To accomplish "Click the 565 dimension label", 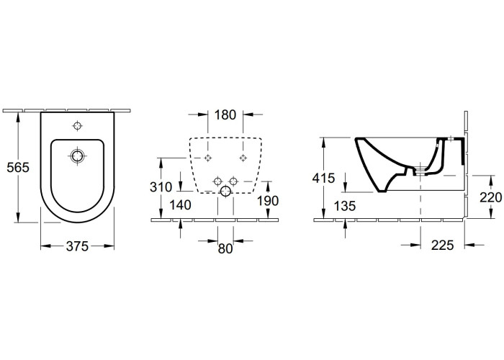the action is (18, 168).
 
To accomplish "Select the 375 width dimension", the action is (77, 246).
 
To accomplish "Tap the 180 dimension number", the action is (225, 114).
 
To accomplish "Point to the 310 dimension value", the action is (161, 187).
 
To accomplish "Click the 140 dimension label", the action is (180, 205).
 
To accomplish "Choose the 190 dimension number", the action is (268, 201).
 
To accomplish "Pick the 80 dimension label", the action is (225, 248).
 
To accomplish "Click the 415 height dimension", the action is (324, 178).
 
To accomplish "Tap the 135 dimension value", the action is (345, 207).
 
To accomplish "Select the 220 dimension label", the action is (491, 197).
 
